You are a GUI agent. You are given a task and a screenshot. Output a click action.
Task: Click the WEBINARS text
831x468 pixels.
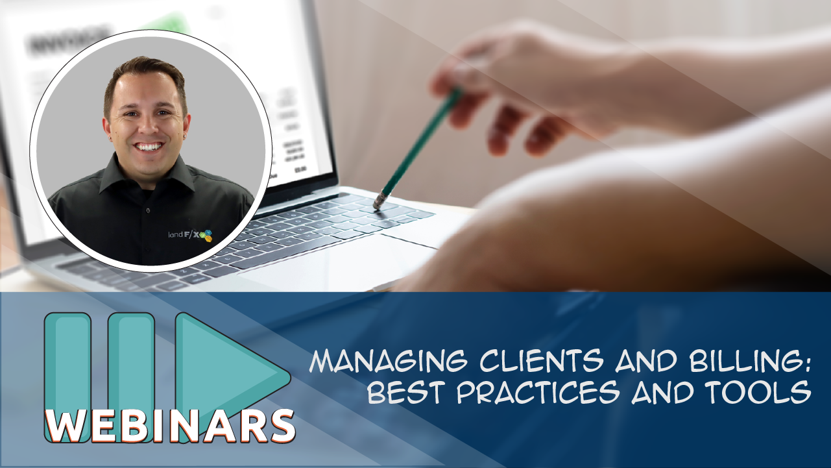tap(170, 425)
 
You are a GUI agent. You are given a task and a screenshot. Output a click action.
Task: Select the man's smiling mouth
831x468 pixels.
tap(149, 147)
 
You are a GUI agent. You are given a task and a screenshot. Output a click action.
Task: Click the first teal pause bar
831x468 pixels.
tap(67, 363)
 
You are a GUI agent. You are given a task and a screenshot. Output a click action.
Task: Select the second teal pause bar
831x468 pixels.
tap(131, 363)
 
